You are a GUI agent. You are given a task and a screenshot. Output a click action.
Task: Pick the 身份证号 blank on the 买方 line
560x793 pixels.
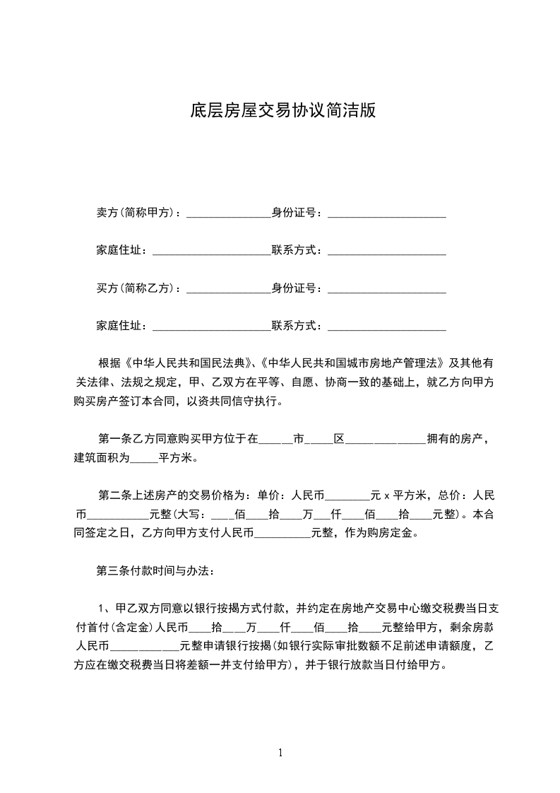click(x=387, y=290)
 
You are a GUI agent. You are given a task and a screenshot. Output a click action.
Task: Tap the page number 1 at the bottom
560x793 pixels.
click(x=281, y=753)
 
